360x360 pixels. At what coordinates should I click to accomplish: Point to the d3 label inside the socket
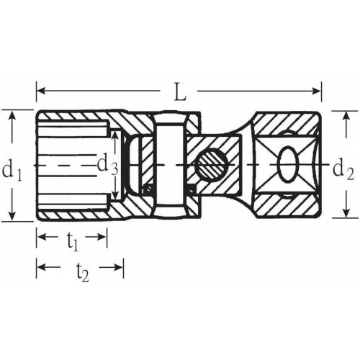coord(107,164)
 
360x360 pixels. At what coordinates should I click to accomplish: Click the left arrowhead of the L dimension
coord(40,91)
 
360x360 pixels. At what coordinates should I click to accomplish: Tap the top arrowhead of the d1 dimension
coord(12,114)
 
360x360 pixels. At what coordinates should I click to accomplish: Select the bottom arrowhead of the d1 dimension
coord(12,217)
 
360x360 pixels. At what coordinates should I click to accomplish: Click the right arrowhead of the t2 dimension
coord(120,267)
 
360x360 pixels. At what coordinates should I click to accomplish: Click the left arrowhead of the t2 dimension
coord(40,267)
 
